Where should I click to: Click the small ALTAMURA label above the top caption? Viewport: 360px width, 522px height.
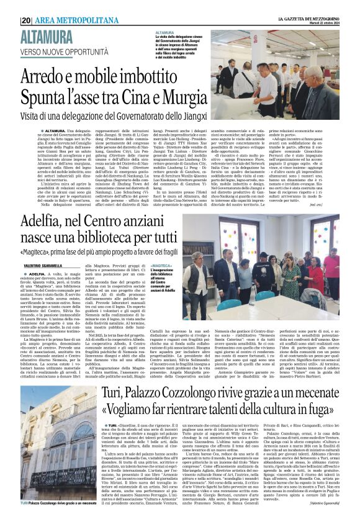point(165,32)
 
